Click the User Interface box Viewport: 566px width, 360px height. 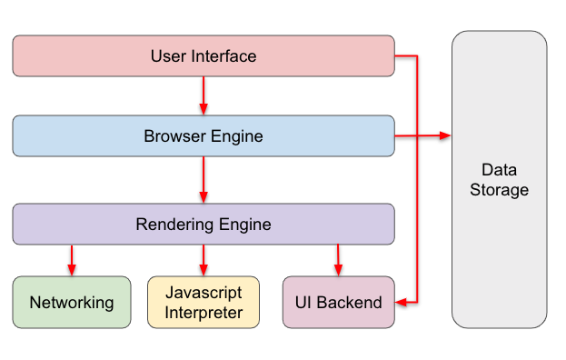click(x=204, y=56)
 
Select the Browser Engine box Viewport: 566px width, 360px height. click(x=204, y=136)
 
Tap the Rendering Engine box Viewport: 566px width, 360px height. click(x=204, y=224)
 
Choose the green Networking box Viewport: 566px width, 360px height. click(x=72, y=303)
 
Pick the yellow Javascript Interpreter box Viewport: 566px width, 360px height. click(x=204, y=303)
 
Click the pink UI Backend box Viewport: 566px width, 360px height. click(x=339, y=303)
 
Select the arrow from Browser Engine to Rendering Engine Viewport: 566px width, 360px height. click(x=204, y=179)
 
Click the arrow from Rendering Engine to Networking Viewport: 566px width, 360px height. click(x=72, y=260)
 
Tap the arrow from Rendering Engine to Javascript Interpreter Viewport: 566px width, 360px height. click(x=204, y=260)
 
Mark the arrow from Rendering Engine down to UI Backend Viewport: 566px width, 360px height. click(x=339, y=260)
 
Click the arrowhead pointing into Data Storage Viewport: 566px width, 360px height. click(x=445, y=136)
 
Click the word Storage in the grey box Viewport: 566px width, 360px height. click(x=500, y=190)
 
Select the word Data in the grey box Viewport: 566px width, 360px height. click(x=499, y=170)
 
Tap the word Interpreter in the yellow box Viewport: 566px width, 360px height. click(x=204, y=314)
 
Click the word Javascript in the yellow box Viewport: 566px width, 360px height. click(x=204, y=293)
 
